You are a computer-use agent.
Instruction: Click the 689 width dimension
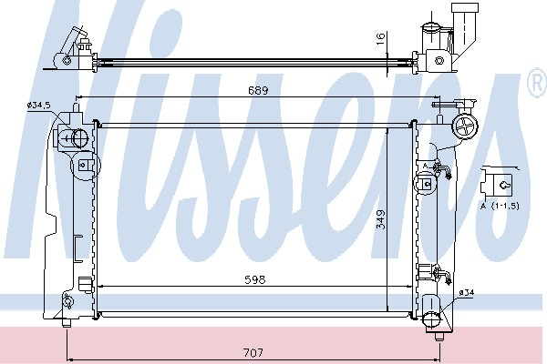[x=258, y=91]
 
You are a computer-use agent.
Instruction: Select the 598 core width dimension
[x=255, y=279]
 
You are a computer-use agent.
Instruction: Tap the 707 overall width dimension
[x=253, y=353]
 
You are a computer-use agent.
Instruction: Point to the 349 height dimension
[x=382, y=218]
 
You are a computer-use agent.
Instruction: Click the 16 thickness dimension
[x=381, y=37]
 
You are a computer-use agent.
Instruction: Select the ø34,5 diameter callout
[x=37, y=105]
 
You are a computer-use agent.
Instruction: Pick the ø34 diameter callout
[x=467, y=293]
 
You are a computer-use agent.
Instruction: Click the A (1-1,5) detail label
[x=500, y=207]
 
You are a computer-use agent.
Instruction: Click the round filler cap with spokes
[x=465, y=127]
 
